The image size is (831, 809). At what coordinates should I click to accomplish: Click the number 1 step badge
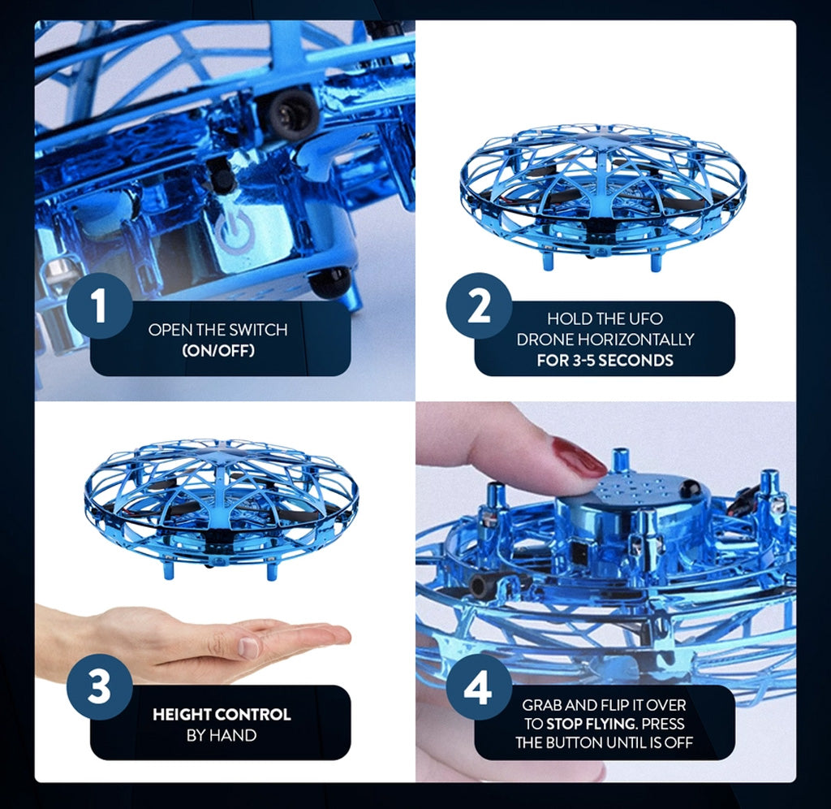point(99,306)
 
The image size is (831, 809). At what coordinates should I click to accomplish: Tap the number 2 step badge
point(479,306)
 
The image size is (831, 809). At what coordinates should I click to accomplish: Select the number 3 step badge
point(99,686)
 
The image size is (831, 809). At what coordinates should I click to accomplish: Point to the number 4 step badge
point(479,687)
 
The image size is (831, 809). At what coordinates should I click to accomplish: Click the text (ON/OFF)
point(217,351)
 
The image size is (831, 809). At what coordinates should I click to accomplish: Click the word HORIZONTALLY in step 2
point(636,340)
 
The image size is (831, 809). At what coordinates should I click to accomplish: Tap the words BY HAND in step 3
point(222,735)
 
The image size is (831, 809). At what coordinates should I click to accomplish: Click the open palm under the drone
point(196,639)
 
